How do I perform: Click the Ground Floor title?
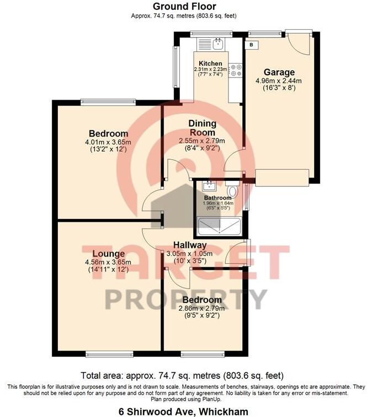[x=183, y=6]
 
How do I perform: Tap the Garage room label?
[x=279, y=72]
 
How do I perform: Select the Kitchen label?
[x=211, y=64]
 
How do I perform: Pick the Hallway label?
[x=190, y=245]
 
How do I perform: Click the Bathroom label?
[x=217, y=197]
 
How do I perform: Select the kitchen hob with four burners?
[x=236, y=69]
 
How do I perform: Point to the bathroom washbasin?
[x=209, y=185]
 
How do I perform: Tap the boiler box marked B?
[x=252, y=44]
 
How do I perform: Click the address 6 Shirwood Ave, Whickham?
[x=183, y=411]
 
